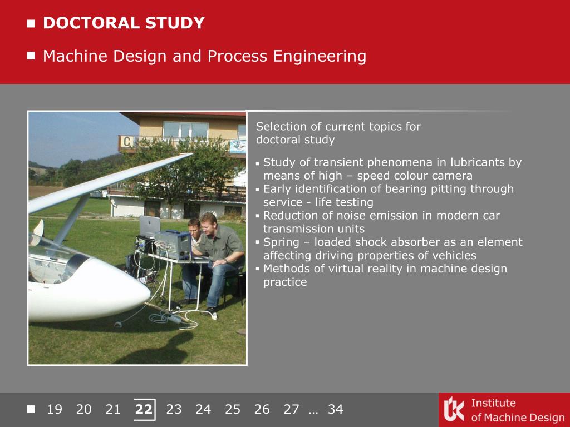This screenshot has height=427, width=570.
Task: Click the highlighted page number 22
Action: [x=144, y=409]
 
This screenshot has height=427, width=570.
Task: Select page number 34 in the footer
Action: [x=335, y=409]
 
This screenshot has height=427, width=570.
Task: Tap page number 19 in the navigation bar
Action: [x=55, y=409]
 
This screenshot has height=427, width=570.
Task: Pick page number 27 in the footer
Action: [x=291, y=409]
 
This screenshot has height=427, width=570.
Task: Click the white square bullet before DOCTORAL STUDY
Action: [x=31, y=23]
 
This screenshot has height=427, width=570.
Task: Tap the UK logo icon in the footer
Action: [x=454, y=409]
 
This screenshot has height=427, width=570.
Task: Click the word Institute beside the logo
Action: [x=493, y=403]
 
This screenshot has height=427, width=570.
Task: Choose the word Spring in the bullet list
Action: [x=281, y=242]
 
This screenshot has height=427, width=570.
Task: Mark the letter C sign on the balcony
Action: [x=126, y=142]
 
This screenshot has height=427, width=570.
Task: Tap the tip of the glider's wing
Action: [x=191, y=155]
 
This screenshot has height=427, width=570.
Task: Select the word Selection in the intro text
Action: [x=281, y=126]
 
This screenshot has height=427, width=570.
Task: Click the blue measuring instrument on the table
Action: [x=173, y=245]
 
